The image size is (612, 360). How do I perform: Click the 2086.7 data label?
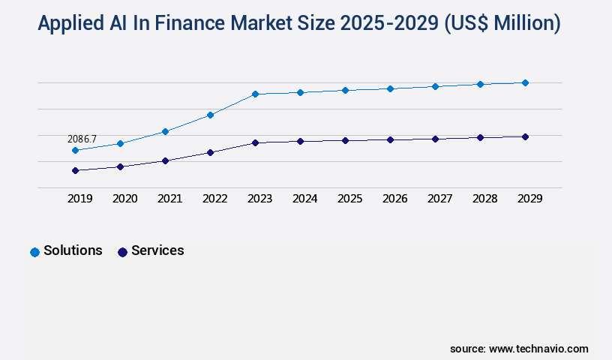(82, 139)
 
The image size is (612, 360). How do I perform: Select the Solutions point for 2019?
(75, 151)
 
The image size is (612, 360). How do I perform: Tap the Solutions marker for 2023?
(255, 94)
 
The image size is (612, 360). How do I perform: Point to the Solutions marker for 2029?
(525, 82)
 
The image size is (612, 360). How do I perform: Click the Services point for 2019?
(75, 170)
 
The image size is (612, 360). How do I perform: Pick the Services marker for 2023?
(255, 142)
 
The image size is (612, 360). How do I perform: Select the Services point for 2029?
(525, 136)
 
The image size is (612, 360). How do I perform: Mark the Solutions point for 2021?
(165, 131)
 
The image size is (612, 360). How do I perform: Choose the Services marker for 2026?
(390, 139)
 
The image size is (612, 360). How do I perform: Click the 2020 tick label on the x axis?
(124, 199)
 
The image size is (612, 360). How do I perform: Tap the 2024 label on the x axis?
(304, 199)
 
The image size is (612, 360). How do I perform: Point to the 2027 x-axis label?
(439, 199)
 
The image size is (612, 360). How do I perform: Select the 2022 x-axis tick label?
(214, 199)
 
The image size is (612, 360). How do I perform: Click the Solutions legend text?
(73, 250)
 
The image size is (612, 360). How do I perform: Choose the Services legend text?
(157, 250)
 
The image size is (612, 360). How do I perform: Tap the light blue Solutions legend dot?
(34, 252)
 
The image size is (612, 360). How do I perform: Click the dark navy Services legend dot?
(122, 252)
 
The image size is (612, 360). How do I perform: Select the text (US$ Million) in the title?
(502, 24)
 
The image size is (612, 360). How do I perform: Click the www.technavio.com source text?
(538, 349)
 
